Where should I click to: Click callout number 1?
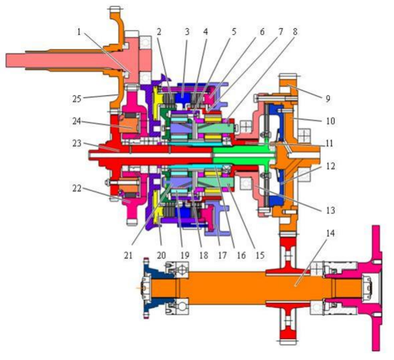[79, 32]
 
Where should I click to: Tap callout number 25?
[77, 99]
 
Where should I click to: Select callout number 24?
[76, 121]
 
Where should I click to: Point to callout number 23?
[77, 143]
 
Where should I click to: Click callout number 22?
[77, 188]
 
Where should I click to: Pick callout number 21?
[128, 255]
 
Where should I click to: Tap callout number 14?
[330, 233]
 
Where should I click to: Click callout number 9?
[328, 99]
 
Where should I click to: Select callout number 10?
[330, 121]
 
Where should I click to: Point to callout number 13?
[330, 210]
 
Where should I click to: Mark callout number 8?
[295, 32]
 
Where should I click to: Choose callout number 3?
[186, 32]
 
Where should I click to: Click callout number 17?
[222, 255]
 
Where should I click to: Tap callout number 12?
[330, 166]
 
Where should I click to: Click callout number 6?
[262, 32]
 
